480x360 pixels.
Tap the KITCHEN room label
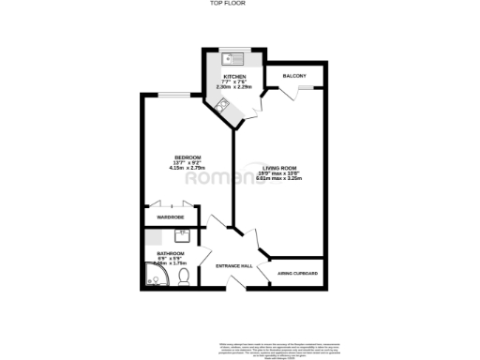(x=232, y=75)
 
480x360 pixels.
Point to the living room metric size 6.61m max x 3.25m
(x=278, y=179)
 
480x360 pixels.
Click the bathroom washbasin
(x=183, y=236)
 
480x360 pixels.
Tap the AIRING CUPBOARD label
(x=298, y=274)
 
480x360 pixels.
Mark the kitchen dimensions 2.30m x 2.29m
(x=232, y=86)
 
